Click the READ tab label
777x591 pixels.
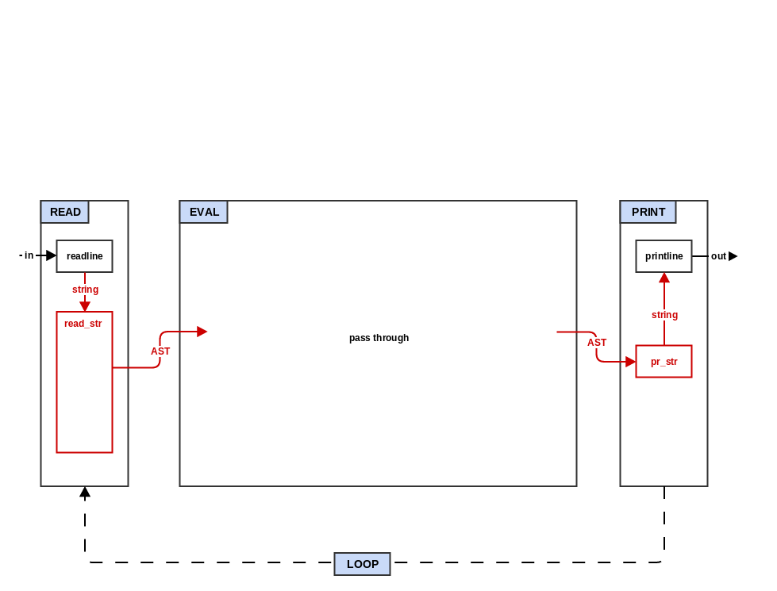tap(65, 212)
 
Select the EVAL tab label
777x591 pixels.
tap(204, 212)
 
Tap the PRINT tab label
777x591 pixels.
tap(648, 212)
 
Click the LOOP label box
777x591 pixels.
tap(362, 564)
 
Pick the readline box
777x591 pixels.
tap(84, 256)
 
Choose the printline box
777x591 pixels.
tap(664, 256)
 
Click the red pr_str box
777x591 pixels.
tap(664, 362)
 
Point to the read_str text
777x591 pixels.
tap(83, 324)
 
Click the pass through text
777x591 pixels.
tap(379, 338)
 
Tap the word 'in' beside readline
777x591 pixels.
tap(29, 255)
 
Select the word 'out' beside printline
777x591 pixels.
tap(718, 256)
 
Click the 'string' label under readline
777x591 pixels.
tap(85, 290)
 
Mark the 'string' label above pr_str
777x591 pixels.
tap(664, 315)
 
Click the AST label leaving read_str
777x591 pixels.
tap(160, 351)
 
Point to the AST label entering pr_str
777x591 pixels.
tap(597, 343)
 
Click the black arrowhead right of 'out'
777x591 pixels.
tap(733, 256)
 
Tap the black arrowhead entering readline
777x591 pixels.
tap(52, 255)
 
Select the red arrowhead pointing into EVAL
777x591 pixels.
tap(202, 332)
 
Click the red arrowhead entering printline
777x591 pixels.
tap(664, 278)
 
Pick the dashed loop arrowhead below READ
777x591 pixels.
tap(85, 492)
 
